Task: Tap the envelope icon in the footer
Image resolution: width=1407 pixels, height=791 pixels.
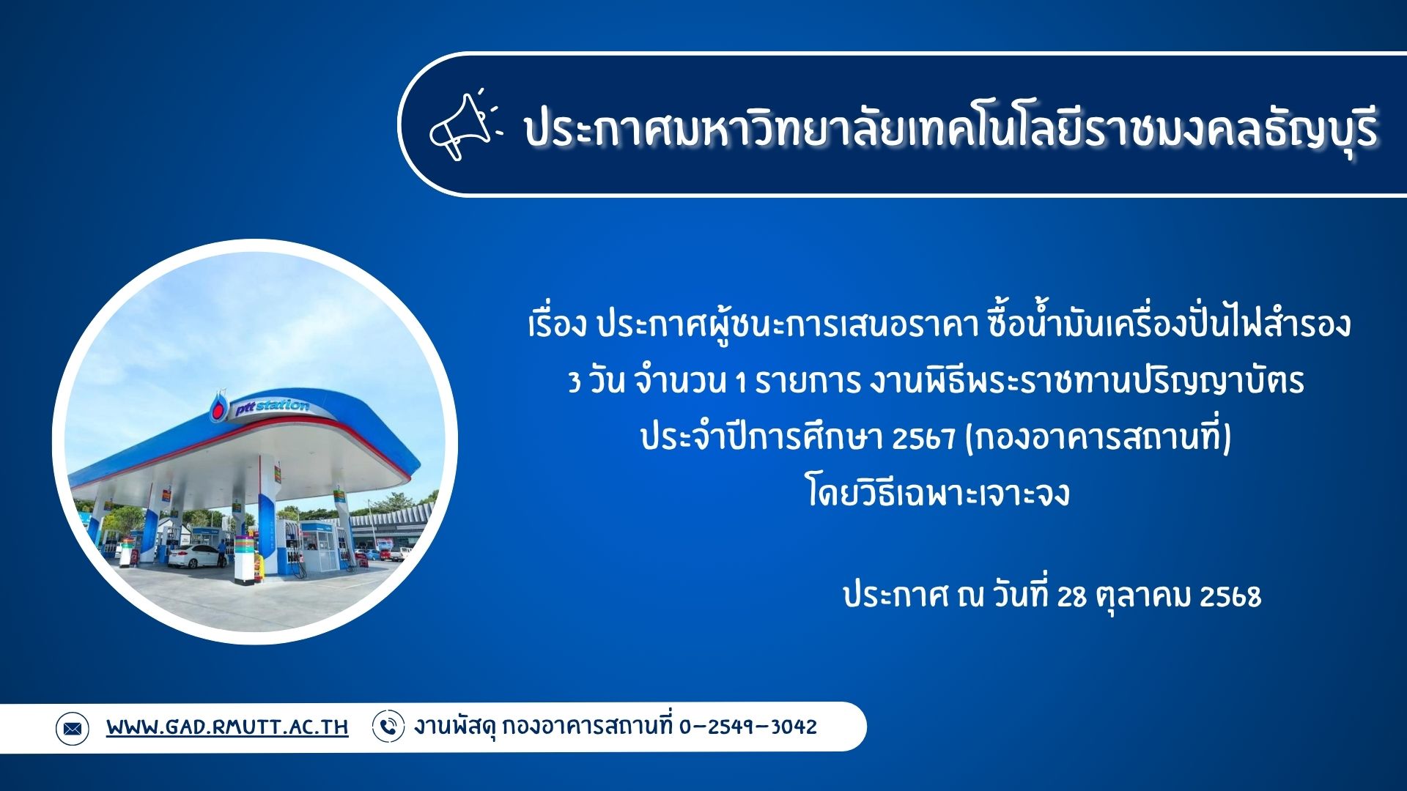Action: point(73,729)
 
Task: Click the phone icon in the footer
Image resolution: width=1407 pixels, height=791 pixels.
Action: point(388,727)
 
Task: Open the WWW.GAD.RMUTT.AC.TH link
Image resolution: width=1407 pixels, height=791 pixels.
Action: point(227,727)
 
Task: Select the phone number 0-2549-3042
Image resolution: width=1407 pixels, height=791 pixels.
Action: point(748,727)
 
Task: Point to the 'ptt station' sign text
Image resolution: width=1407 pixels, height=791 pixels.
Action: point(272,407)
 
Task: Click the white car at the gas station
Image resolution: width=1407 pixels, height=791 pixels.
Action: point(194,556)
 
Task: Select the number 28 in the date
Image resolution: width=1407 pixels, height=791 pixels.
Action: point(1071,596)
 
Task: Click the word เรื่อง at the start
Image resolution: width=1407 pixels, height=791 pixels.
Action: point(558,324)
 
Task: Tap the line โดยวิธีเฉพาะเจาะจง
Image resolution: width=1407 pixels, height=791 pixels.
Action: point(938,492)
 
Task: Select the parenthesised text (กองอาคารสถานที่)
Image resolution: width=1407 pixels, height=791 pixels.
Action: point(1098,437)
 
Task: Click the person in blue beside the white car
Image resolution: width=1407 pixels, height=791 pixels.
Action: point(221,553)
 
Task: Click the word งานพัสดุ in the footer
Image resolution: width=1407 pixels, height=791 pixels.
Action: point(456,727)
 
